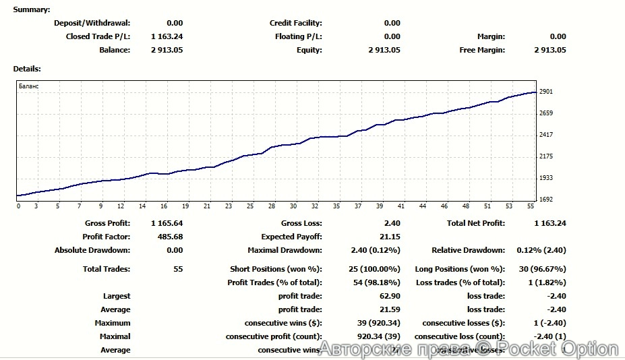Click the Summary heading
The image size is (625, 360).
point(32,9)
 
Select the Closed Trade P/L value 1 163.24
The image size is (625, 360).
point(167,36)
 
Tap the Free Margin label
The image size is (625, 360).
point(481,50)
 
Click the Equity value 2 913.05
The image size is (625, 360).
point(384,50)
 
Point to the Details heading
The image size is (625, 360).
point(27,69)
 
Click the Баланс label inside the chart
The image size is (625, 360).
point(29,86)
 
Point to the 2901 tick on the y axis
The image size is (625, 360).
point(546,92)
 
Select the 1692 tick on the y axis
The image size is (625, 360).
point(546,200)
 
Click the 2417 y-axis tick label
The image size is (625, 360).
point(546,135)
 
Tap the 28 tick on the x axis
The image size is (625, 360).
point(272,206)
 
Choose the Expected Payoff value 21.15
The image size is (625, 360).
point(390,237)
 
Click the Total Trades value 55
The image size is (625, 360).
point(178,269)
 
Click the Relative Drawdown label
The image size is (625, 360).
point(468,250)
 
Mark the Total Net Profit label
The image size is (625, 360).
point(476,223)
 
